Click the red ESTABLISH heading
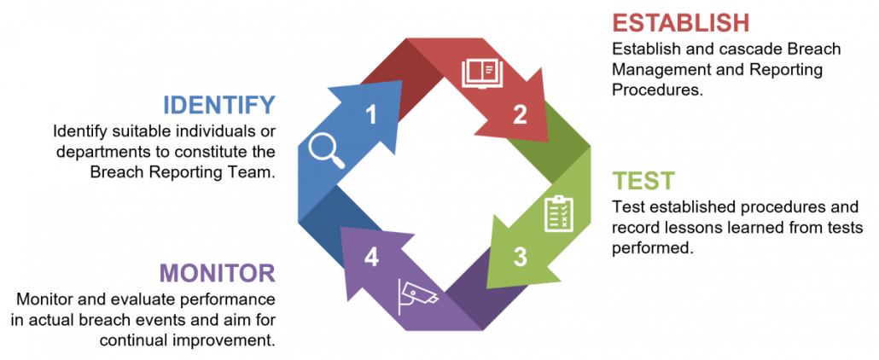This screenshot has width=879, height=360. (x=680, y=22)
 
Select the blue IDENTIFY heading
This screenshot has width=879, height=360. (x=219, y=105)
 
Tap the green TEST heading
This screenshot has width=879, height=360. (x=643, y=181)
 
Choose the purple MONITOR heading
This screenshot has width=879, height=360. (x=218, y=273)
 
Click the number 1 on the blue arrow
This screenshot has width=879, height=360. (x=370, y=114)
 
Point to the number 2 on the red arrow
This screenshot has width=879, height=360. (x=521, y=114)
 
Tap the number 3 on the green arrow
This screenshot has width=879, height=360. (x=521, y=256)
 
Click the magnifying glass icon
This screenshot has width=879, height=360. (x=327, y=151)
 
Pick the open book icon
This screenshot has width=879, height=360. (x=482, y=74)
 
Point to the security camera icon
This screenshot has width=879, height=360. (x=417, y=296)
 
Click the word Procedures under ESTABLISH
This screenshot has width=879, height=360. (x=657, y=90)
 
